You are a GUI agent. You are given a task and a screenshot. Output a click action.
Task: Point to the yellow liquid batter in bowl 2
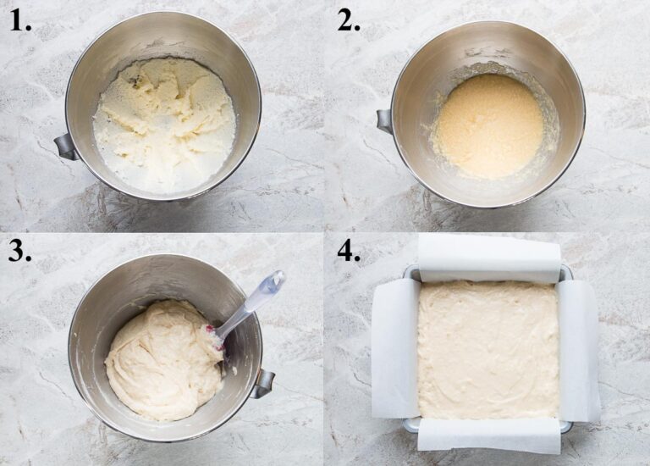coord(489,125)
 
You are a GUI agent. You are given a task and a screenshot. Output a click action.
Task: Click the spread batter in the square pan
coord(488,349)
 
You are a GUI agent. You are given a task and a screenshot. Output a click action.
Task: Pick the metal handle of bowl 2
coord(385,120)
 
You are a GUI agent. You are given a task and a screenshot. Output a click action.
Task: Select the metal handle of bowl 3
coord(263,383)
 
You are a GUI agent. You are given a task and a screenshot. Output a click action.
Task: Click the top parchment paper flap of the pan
coord(489,257)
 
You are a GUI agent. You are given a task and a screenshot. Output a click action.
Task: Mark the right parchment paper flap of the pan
coord(580,349)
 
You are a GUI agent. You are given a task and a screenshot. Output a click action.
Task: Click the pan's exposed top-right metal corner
coord(565,273)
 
